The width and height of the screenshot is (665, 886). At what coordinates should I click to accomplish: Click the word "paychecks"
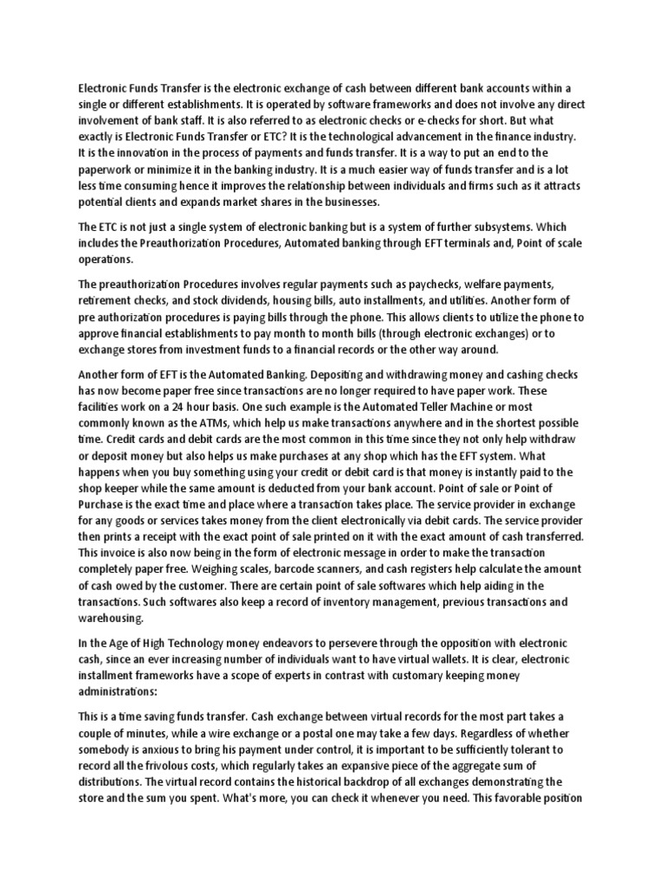(435, 285)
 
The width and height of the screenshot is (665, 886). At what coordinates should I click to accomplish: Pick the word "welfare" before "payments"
(487, 285)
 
